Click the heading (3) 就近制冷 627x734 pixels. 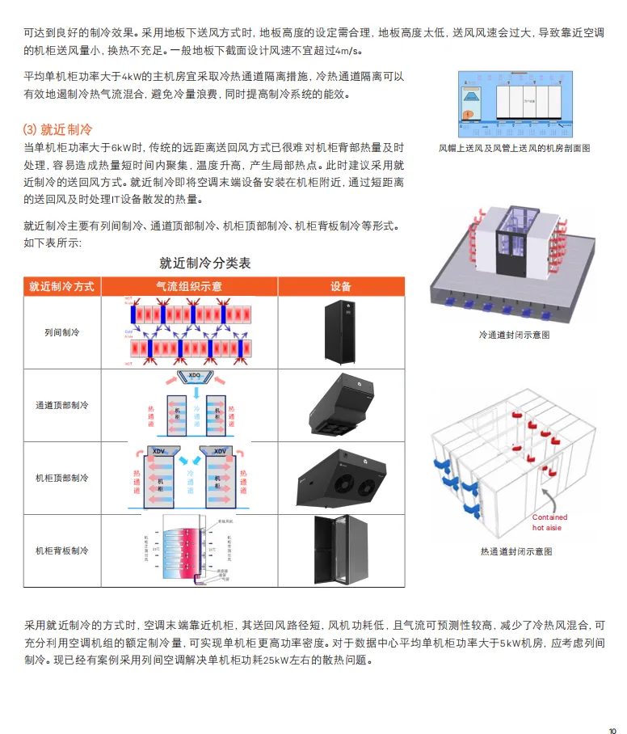pyautogui.click(x=57, y=129)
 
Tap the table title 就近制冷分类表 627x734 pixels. pyautogui.click(x=205, y=263)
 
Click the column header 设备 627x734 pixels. pyautogui.click(x=341, y=286)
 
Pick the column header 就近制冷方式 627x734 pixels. pyautogui.click(x=61, y=286)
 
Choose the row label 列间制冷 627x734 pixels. pyautogui.click(x=61, y=333)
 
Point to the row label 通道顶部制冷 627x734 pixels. pyautogui.click(x=61, y=405)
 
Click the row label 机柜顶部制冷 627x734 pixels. pyautogui.click(x=61, y=478)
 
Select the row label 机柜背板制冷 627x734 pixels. pyautogui.click(x=61, y=550)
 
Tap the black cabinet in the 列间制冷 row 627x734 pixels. pyautogui.click(x=340, y=332)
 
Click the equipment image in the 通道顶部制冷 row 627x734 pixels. pyautogui.click(x=340, y=404)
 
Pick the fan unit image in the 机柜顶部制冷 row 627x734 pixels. pyautogui.click(x=340, y=478)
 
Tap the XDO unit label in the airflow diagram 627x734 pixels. pyautogui.click(x=193, y=376)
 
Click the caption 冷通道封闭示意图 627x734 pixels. pyautogui.click(x=515, y=334)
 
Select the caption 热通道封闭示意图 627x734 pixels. pyautogui.click(x=515, y=551)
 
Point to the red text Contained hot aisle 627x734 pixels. pyautogui.click(x=549, y=521)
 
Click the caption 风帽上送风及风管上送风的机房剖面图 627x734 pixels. pyautogui.click(x=515, y=149)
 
